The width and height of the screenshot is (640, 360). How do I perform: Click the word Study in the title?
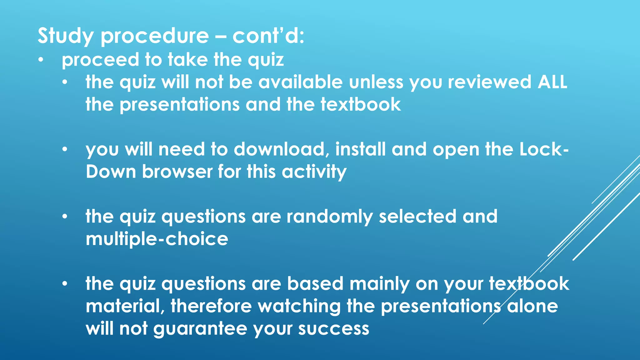coord(65,36)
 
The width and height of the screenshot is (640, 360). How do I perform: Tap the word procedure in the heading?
coord(155,36)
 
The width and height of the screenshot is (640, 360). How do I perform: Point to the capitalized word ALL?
coord(552,82)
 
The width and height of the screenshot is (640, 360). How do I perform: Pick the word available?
coord(301,82)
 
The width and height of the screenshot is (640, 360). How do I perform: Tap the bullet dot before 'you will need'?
coord(65,149)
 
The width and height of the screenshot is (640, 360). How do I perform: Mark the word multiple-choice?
coord(157,239)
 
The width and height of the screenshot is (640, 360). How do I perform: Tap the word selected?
coord(417,216)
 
